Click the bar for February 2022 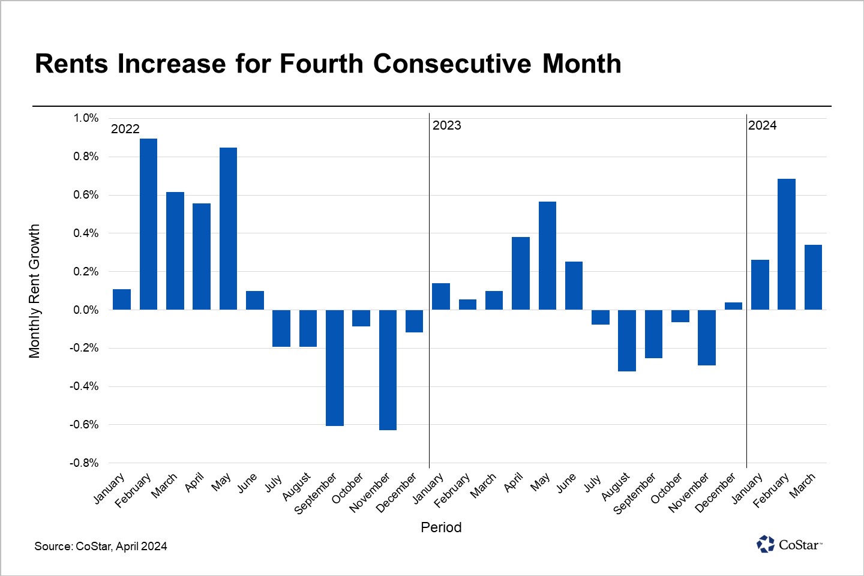(x=148, y=224)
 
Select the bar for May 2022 (x=228, y=229)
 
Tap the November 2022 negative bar (x=388, y=370)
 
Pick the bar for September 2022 (x=334, y=368)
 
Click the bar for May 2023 (x=547, y=256)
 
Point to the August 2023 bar (x=627, y=340)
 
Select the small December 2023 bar (x=733, y=306)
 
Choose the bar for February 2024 (x=787, y=244)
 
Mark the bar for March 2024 (x=813, y=277)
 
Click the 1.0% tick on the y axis (x=86, y=118)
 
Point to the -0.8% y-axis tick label (x=84, y=463)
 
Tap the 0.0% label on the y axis (x=86, y=310)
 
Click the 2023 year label (x=447, y=125)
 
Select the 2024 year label (x=762, y=125)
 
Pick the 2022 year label (x=125, y=129)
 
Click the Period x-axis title (x=441, y=527)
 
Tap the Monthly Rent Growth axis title (x=34, y=291)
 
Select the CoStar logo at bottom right (x=789, y=544)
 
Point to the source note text (x=101, y=546)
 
